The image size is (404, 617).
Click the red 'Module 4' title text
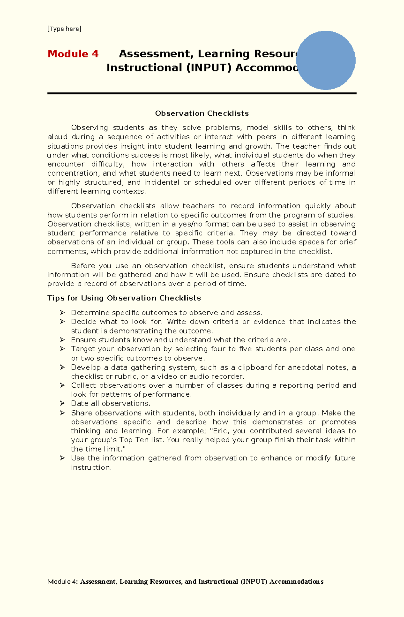point(73,54)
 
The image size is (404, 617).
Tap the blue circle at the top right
point(326,61)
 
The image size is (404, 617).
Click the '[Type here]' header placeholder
point(64,29)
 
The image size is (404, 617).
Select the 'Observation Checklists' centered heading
point(202,113)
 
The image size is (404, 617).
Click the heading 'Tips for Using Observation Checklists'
point(124,298)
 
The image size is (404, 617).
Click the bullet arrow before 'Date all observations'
point(62,403)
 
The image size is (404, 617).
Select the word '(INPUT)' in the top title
point(208,68)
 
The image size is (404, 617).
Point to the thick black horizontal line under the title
point(202,93)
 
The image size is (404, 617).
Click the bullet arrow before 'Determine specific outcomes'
point(62,313)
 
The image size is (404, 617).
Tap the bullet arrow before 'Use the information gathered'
point(62,458)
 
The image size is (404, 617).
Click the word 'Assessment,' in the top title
point(156,54)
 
